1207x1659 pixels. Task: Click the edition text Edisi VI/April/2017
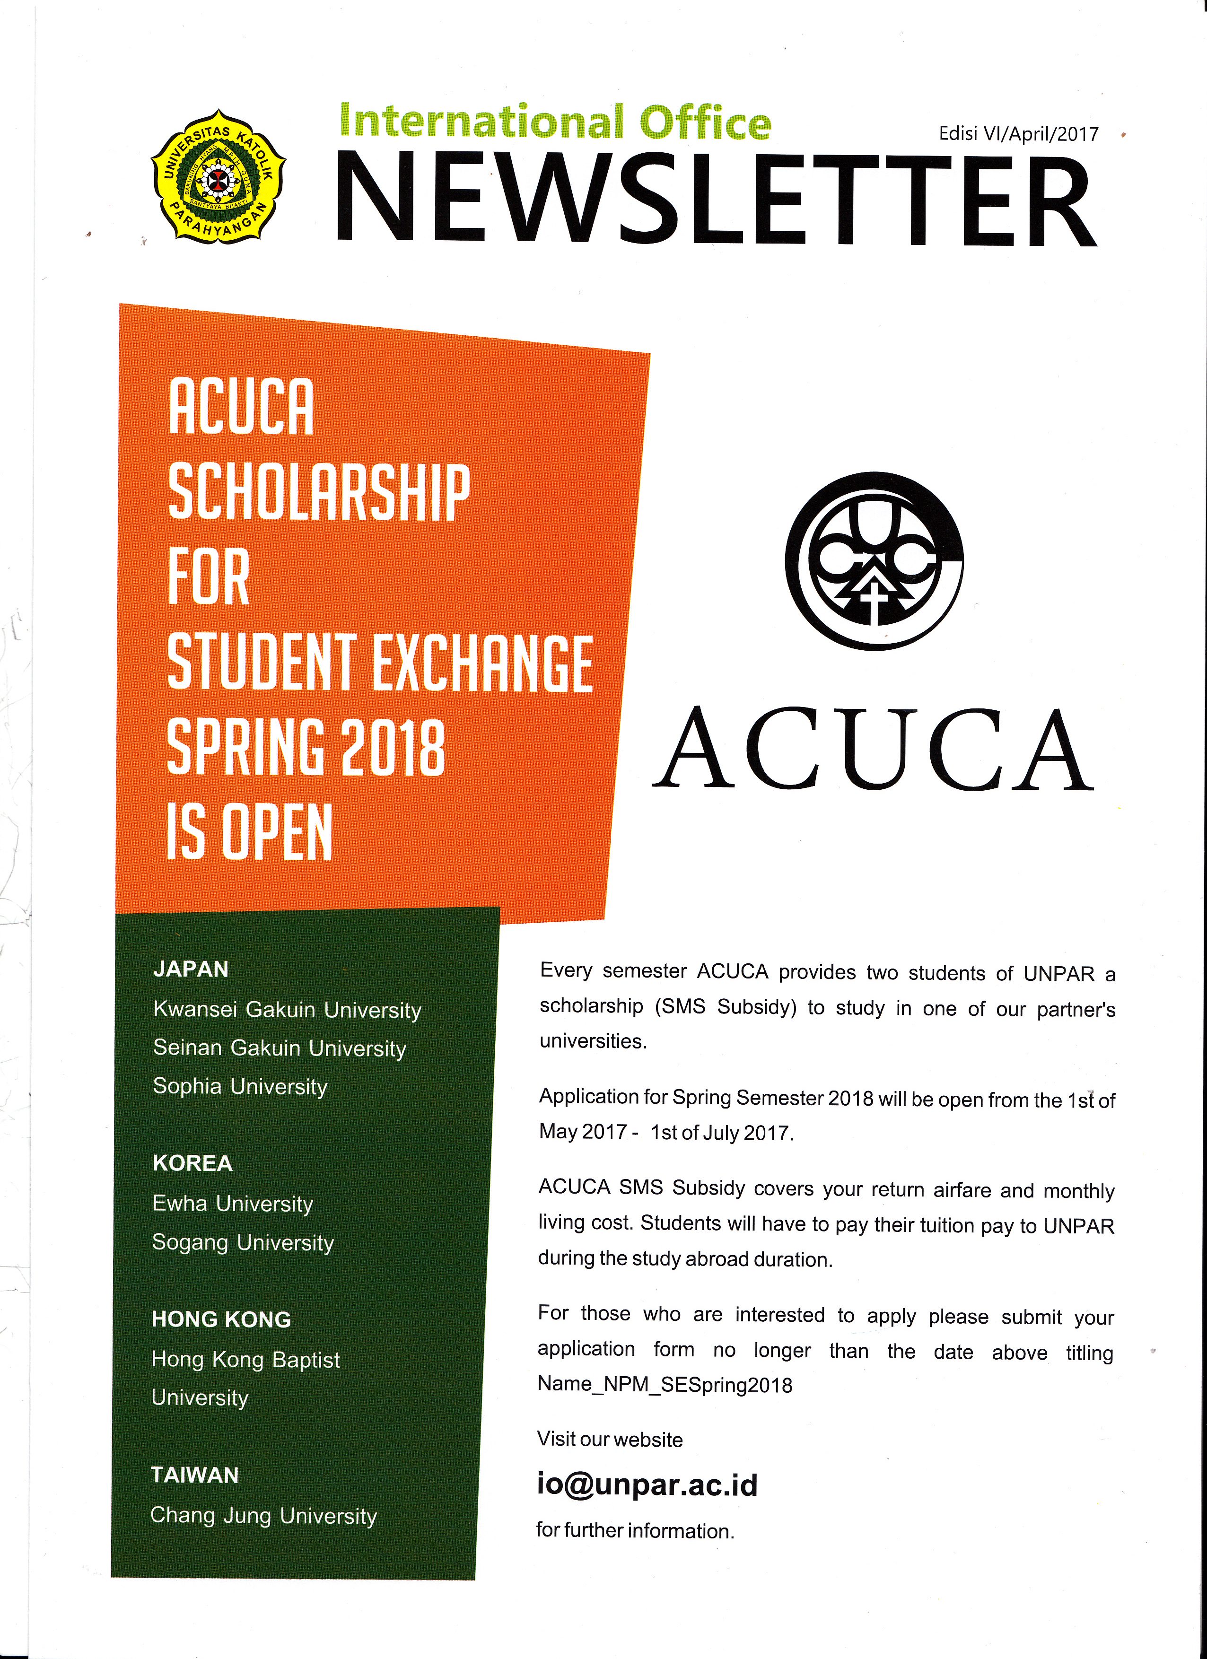(x=1018, y=134)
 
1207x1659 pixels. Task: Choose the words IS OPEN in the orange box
(x=249, y=832)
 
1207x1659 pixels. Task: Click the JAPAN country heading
(x=191, y=969)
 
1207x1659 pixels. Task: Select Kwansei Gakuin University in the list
(x=288, y=1010)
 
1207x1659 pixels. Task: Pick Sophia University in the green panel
(x=240, y=1087)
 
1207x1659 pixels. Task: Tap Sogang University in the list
(x=243, y=1243)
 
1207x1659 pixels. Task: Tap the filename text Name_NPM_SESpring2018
(x=665, y=1385)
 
